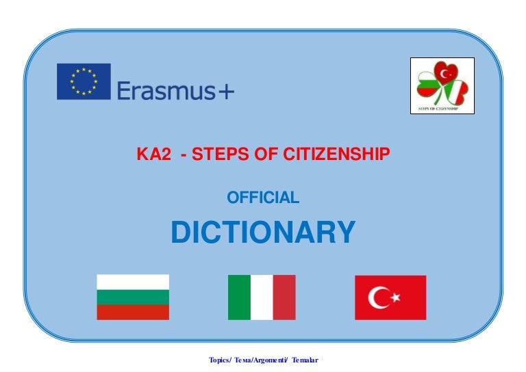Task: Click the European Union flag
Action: pyautogui.click(x=84, y=81)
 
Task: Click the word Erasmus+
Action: pyautogui.click(x=175, y=90)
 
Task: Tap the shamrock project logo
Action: pyautogui.click(x=442, y=85)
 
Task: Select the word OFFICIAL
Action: pyautogui.click(x=263, y=197)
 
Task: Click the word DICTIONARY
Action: pyautogui.click(x=263, y=232)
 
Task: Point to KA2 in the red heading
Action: pyautogui.click(x=153, y=154)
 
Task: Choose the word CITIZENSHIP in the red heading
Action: pyautogui.click(x=336, y=154)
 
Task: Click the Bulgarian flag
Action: pyautogui.click(x=133, y=297)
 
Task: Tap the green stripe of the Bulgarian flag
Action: pyautogui.click(x=133, y=297)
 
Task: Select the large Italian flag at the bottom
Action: pyautogui.click(x=262, y=297)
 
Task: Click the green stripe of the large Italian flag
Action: pyautogui.click(x=239, y=297)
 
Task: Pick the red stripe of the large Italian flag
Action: pyautogui.click(x=284, y=297)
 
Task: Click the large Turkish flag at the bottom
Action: pyautogui.click(x=390, y=297)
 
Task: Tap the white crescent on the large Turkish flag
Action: pyautogui.click(x=376, y=297)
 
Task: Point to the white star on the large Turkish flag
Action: pyautogui.click(x=395, y=297)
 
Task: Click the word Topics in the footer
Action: pyautogui.click(x=218, y=360)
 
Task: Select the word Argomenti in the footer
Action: pyautogui.click(x=269, y=360)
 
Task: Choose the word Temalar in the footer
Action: pyautogui.click(x=305, y=360)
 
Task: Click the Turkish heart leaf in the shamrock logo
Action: pyautogui.click(x=445, y=72)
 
